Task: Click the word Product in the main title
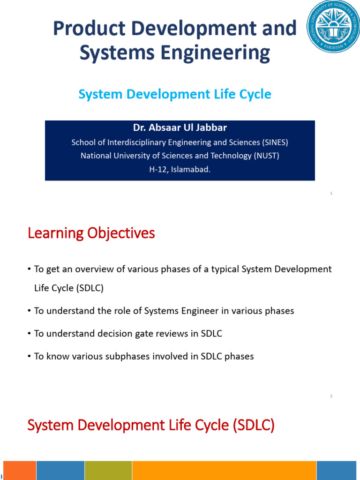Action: coord(89,29)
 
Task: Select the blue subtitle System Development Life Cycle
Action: coord(174,94)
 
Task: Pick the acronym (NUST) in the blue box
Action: coord(266,156)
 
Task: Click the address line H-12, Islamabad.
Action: coord(180,169)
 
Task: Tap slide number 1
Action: coord(331,193)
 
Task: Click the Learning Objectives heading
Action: coord(91,233)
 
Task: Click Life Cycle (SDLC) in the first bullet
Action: coord(69,288)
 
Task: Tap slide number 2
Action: coord(331,397)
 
